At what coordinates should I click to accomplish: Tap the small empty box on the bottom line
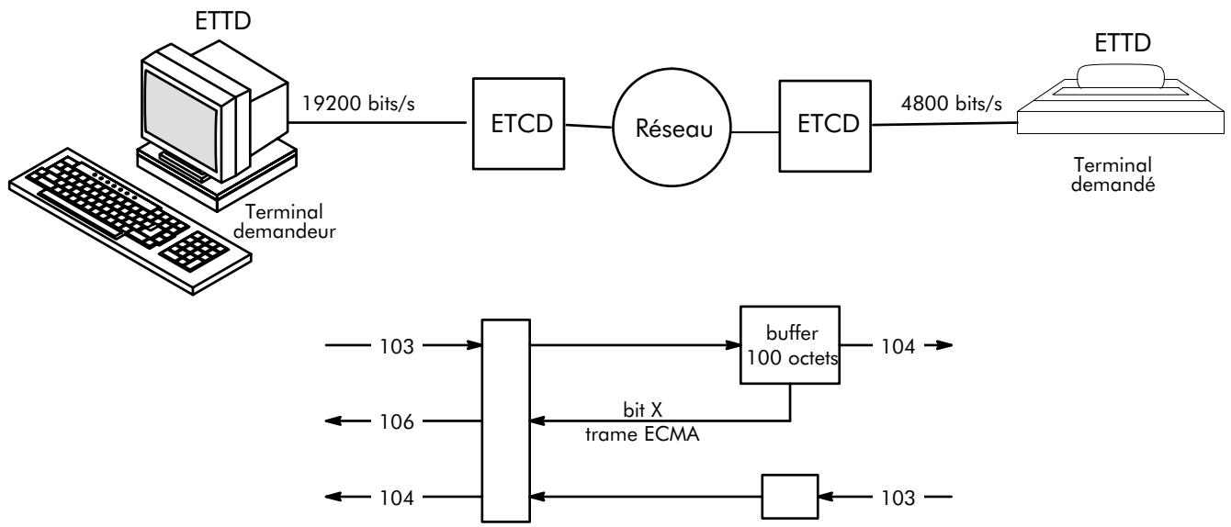pyautogui.click(x=788, y=499)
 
